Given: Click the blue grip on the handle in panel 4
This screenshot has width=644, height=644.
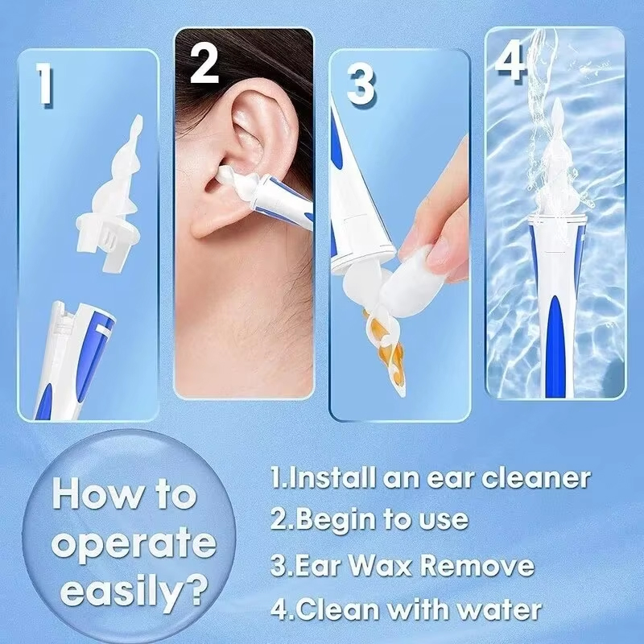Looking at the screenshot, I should click(553, 338).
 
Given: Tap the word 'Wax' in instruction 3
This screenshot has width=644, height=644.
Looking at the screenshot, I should click(378, 565).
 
